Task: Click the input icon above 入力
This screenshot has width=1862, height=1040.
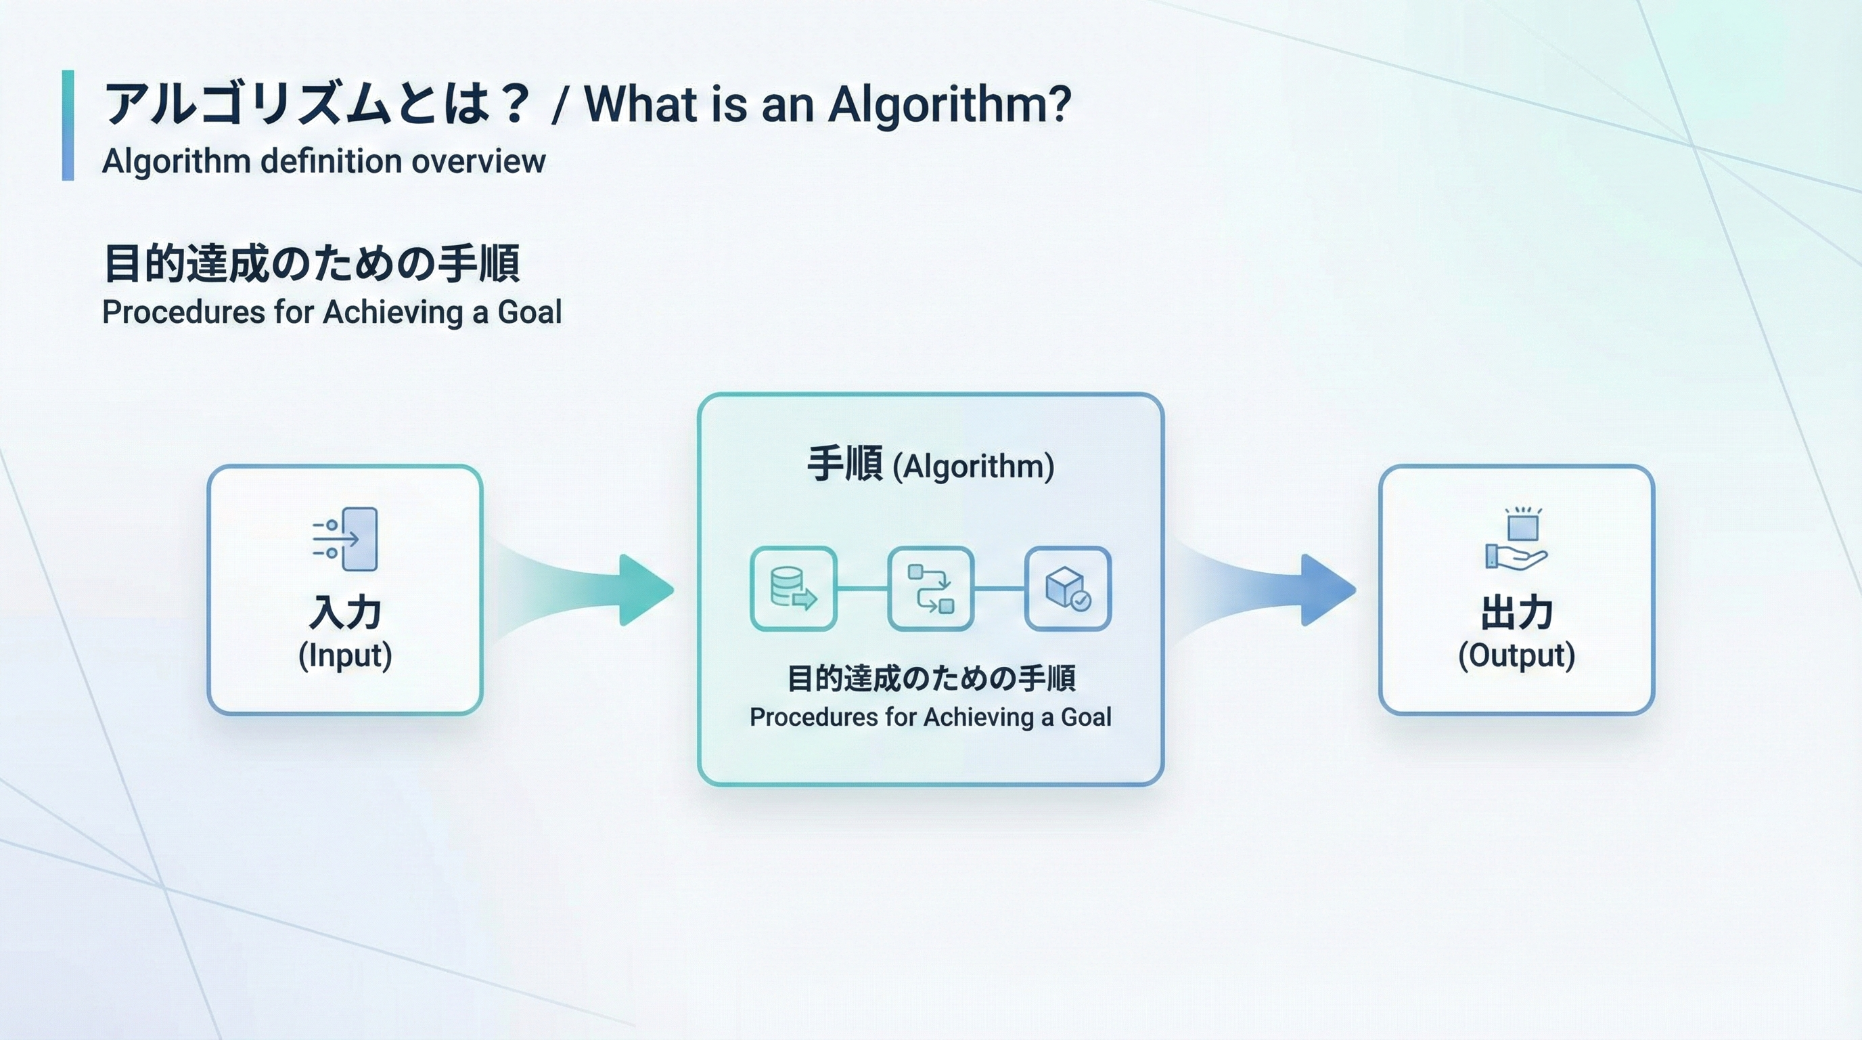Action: [x=346, y=539]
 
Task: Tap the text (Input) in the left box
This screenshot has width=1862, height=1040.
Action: [x=345, y=655]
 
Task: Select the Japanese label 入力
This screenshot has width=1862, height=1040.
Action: [x=345, y=613]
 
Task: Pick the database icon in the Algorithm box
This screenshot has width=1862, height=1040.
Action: [x=793, y=588]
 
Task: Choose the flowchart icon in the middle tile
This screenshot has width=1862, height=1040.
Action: [x=930, y=588]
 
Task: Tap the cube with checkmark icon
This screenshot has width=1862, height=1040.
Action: [x=1068, y=588]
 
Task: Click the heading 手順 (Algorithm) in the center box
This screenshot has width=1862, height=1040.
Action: [x=930, y=465]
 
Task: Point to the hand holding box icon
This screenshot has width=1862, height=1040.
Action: [x=1516, y=539]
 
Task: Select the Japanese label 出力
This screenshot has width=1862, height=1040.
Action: [x=1516, y=613]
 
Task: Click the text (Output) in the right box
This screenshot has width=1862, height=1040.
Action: [x=1516, y=655]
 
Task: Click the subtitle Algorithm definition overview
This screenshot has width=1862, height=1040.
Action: [x=323, y=161]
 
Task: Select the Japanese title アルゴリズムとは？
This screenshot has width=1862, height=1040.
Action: [x=318, y=104]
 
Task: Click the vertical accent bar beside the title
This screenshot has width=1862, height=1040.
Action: [x=68, y=125]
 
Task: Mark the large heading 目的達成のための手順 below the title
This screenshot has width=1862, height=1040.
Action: [x=311, y=263]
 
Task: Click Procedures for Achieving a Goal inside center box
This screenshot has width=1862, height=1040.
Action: [x=930, y=717]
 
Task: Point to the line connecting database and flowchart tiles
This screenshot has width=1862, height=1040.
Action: [x=861, y=588]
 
